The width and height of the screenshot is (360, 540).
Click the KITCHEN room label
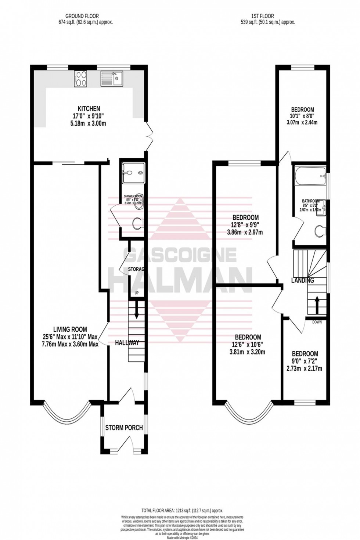click(x=89, y=109)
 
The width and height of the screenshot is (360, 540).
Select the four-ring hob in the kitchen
click(x=80, y=79)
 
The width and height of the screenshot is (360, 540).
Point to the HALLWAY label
click(x=127, y=343)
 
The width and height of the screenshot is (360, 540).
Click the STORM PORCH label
click(x=124, y=428)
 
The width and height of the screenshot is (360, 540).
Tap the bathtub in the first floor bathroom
click(x=310, y=177)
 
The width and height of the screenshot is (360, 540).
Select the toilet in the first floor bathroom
click(x=320, y=231)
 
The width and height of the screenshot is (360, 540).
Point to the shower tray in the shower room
click(x=133, y=172)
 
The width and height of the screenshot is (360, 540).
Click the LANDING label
click(x=302, y=281)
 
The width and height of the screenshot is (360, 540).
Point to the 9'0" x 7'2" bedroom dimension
click(x=304, y=361)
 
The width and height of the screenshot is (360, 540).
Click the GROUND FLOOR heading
click(x=89, y=16)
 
